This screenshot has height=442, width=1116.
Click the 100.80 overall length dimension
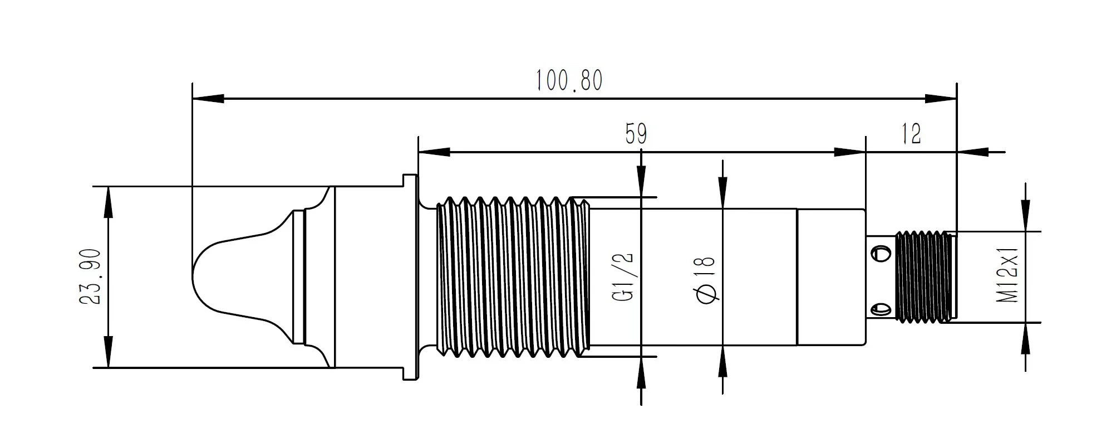pos(569,81)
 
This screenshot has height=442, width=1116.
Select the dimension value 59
pos(636,134)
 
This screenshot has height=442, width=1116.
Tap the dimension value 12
pos(911,134)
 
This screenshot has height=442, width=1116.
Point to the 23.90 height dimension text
pos(90,277)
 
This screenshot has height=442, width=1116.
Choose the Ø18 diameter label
pos(705,280)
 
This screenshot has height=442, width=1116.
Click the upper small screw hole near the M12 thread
pos(880,254)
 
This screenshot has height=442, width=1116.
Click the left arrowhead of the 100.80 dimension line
pos(208,99)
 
